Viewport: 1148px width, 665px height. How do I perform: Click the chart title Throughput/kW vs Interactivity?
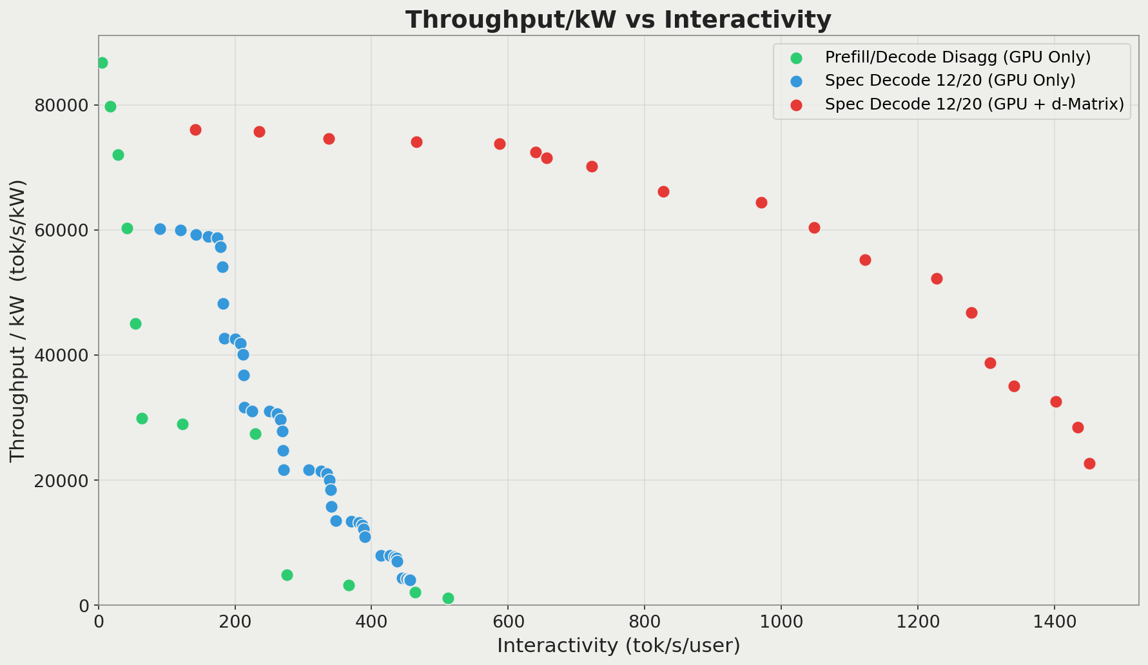pos(618,20)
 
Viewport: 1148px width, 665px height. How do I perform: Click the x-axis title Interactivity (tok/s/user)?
pos(618,645)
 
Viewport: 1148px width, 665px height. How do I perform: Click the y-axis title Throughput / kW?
pos(18,320)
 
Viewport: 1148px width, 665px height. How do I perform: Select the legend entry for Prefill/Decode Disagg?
pos(957,57)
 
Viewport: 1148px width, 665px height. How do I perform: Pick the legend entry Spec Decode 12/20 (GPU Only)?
pos(949,81)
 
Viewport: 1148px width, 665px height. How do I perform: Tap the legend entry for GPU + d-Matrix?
pos(974,104)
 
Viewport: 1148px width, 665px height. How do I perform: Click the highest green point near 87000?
pos(102,63)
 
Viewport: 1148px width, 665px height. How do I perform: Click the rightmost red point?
pos(1089,463)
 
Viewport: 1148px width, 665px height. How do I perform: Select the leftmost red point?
pos(195,130)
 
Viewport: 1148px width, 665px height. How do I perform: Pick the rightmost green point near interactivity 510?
pos(448,598)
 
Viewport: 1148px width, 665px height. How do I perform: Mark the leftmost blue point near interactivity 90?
pos(160,229)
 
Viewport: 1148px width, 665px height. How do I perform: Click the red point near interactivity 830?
pos(663,191)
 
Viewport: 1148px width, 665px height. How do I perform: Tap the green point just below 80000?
pos(110,106)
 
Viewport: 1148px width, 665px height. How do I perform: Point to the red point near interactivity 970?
pos(761,202)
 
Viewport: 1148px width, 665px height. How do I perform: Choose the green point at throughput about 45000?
pos(135,323)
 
